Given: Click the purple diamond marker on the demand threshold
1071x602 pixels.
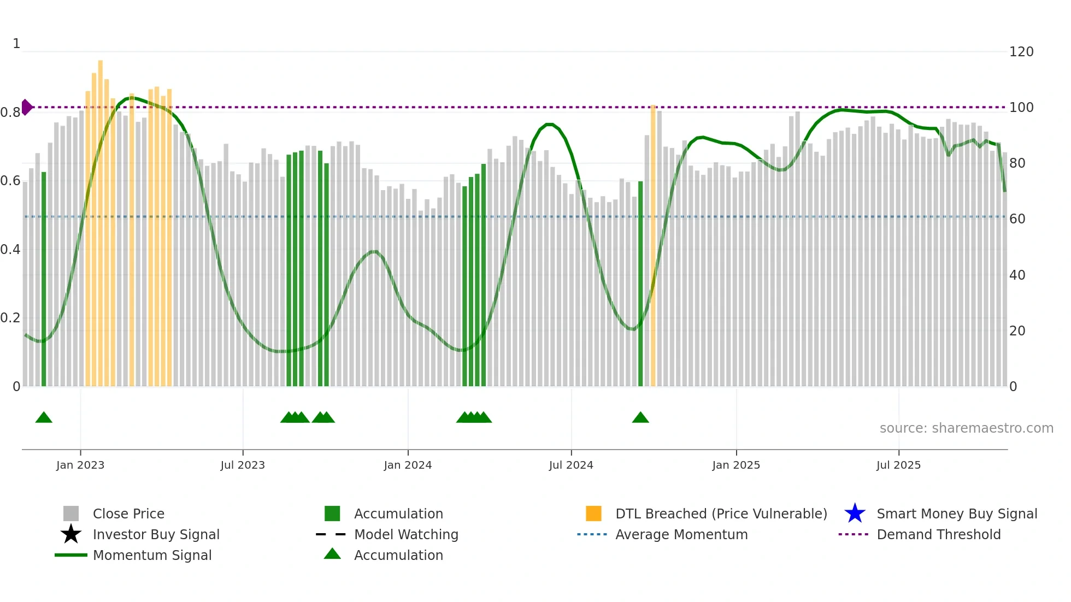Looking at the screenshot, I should (x=26, y=107).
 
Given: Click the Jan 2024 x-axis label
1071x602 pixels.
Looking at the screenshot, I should (x=408, y=465).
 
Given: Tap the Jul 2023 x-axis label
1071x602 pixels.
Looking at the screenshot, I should (x=243, y=465).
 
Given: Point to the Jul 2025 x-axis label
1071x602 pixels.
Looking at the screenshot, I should (x=898, y=465).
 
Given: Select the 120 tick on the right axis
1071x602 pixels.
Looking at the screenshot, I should (x=1021, y=52).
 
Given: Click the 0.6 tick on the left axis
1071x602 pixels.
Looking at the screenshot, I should (x=10, y=181).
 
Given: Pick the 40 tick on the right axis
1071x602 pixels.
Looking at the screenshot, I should (x=1017, y=275).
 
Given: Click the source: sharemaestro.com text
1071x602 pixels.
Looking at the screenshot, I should (x=966, y=428).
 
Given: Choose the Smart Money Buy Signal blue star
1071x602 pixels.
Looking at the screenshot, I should (x=855, y=514).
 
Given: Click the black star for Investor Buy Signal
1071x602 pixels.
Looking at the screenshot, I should (x=71, y=534).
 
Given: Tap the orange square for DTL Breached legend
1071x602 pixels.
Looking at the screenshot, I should (x=593, y=514).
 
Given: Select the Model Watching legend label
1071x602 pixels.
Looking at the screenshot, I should (x=406, y=534).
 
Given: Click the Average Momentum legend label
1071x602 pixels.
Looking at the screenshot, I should (x=681, y=534).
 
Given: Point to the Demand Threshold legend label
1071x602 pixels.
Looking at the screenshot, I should (x=938, y=534).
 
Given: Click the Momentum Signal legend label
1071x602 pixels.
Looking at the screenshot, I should (x=152, y=555).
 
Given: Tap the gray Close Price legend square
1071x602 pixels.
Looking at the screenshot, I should (x=71, y=514).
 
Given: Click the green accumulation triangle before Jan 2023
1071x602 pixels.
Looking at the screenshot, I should (x=44, y=418).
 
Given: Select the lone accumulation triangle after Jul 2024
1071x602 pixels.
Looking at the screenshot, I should (x=640, y=418).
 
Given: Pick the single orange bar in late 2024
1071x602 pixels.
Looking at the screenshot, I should (x=653, y=246).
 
